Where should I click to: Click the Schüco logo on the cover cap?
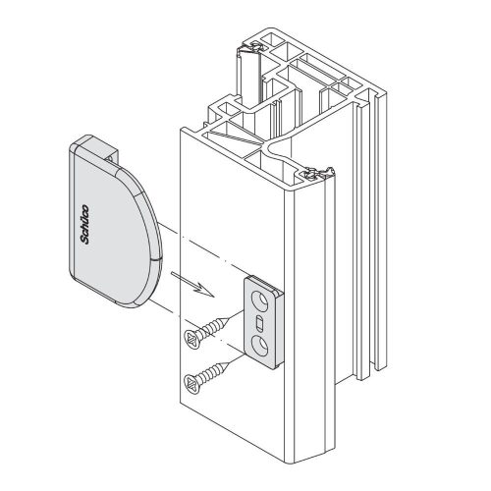coord(84,224)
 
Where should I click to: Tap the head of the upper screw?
coord(192,339)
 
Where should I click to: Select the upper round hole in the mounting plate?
coord(260,300)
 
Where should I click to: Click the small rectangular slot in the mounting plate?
coord(258,323)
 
